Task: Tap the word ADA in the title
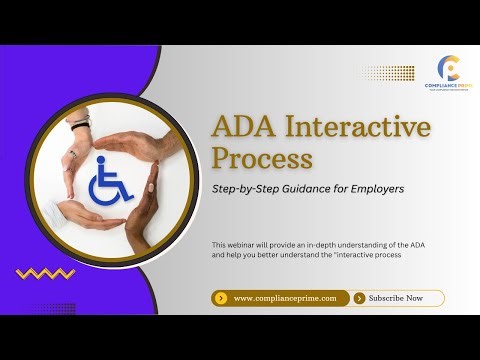pos(247,128)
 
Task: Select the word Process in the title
pos(263,159)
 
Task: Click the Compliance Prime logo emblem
pos(450,68)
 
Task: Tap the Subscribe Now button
pos(397,298)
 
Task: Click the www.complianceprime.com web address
pos(284,298)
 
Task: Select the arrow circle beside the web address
pos(221,298)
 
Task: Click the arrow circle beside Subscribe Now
pos(359,298)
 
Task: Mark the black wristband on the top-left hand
pos(79,125)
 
